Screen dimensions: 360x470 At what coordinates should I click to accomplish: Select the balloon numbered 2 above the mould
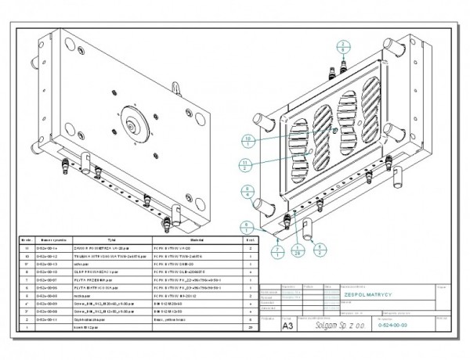343,43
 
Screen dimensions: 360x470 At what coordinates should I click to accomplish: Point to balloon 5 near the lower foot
320,248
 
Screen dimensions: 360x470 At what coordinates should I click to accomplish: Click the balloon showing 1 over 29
298,250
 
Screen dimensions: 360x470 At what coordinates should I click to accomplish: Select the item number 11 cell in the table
27,247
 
